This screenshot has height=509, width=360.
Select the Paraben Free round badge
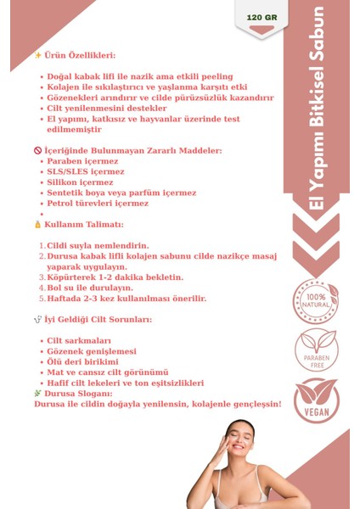pos(315,350)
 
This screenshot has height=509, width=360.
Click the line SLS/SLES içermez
pos(86,171)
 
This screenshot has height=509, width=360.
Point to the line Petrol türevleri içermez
pos(98,203)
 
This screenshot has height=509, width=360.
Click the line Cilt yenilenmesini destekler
pos(107,109)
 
